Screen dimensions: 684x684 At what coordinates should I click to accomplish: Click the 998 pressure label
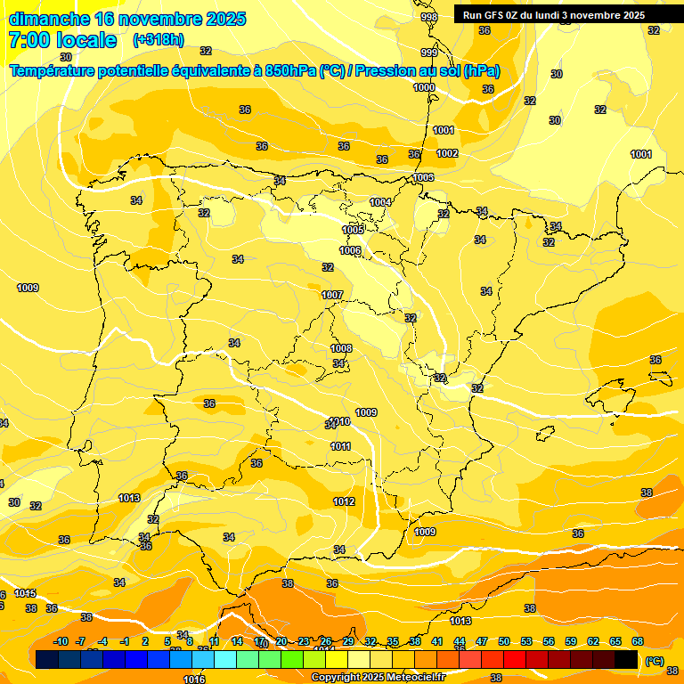429,17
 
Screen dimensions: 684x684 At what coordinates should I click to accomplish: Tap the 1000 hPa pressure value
424,87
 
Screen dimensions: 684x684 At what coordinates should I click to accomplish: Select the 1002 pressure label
447,153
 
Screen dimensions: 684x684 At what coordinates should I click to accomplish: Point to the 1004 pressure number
380,202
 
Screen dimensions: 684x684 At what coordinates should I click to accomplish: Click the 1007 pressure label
332,295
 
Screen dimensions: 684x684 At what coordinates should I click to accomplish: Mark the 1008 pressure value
341,348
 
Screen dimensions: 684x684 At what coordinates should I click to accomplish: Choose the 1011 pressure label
340,446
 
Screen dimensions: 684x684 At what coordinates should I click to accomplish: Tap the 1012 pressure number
344,501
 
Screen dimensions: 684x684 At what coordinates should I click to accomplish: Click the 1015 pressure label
25,593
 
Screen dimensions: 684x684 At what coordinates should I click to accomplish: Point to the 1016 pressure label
194,680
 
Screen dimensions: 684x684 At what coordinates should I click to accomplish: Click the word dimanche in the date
48,19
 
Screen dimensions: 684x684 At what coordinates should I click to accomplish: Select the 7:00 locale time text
62,40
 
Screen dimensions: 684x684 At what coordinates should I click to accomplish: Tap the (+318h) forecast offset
159,40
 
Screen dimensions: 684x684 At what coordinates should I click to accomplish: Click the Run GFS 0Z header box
554,15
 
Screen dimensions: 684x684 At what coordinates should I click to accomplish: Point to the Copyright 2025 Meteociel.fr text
378,677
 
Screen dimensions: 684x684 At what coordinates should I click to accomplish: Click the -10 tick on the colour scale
61,642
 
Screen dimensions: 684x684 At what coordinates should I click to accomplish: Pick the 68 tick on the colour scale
638,642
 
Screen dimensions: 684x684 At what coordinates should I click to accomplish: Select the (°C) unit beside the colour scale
655,661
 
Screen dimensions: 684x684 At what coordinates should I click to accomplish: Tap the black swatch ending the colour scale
626,660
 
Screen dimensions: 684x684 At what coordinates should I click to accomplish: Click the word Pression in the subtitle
384,71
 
